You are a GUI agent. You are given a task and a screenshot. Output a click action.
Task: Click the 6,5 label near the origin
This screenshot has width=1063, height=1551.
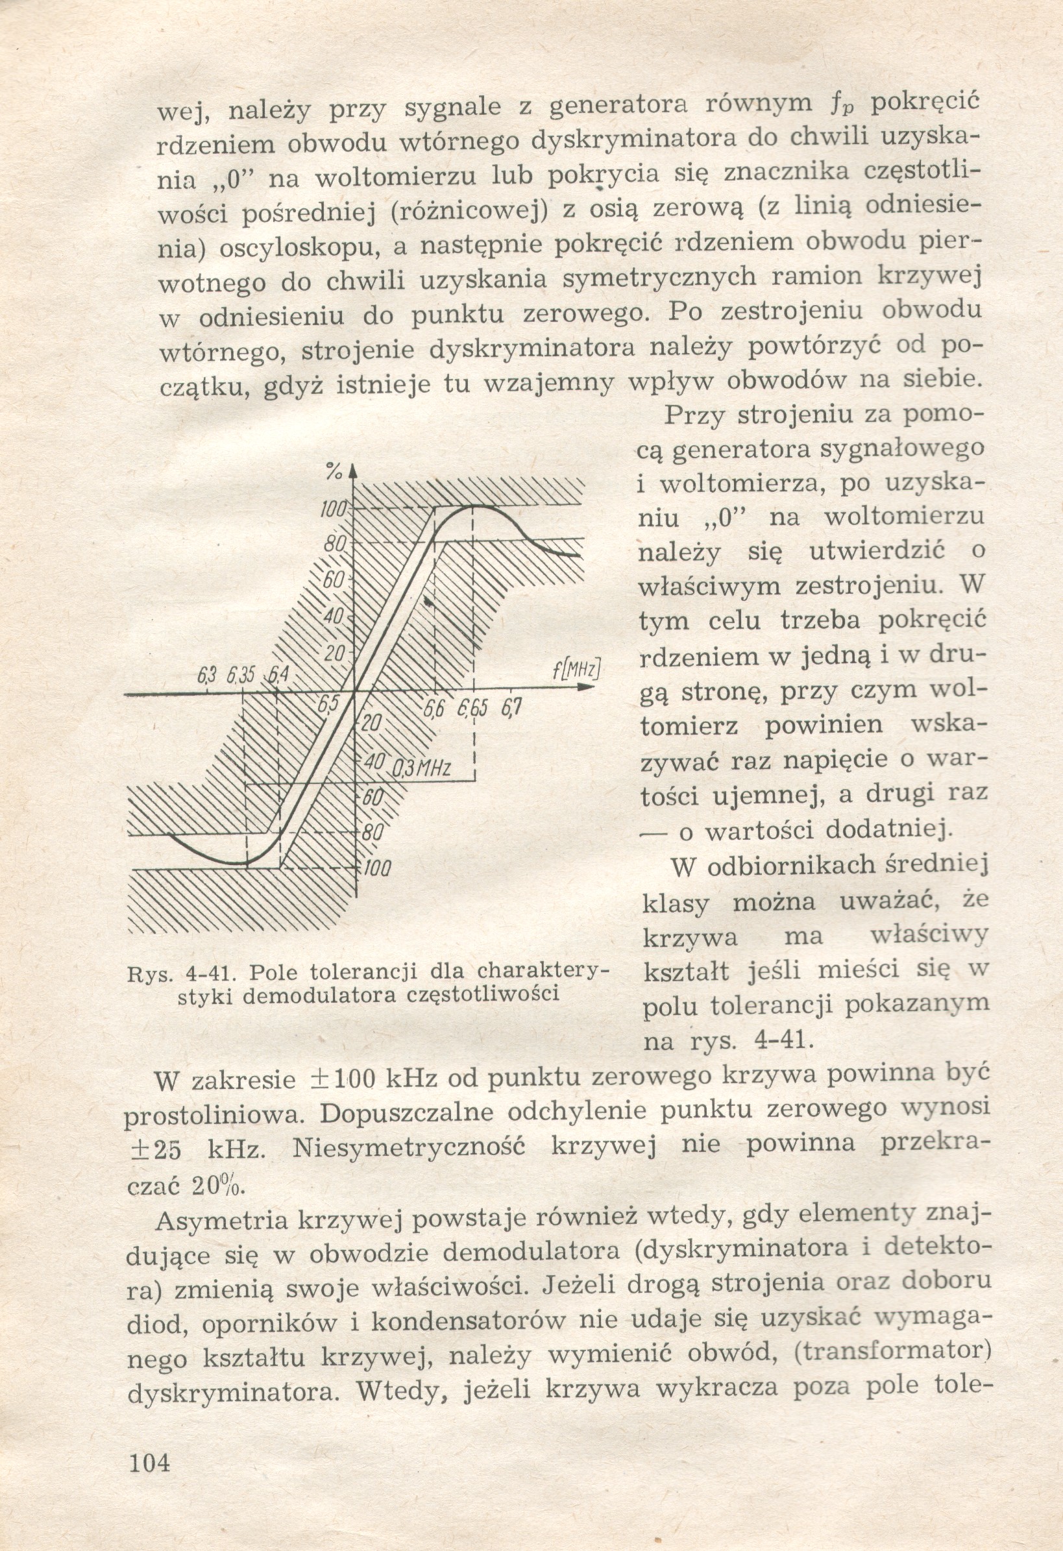328,705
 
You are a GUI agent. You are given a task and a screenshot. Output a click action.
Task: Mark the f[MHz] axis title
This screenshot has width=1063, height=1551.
576,668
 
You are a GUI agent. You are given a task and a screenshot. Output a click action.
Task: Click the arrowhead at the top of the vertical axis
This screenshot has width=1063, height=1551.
354,470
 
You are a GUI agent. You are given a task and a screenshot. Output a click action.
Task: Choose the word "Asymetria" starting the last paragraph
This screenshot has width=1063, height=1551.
221,1220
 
